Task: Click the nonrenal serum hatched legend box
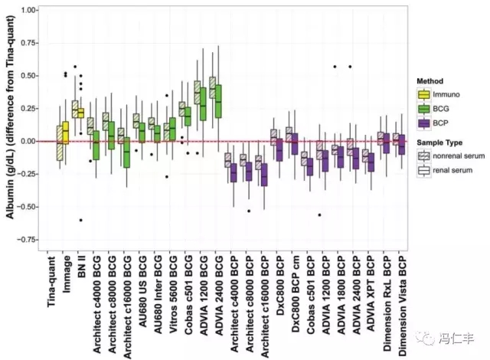point(423,155)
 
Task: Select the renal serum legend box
point(423,170)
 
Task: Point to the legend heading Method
point(430,80)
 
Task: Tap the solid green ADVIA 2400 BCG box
point(218,100)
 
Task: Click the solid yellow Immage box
point(65,134)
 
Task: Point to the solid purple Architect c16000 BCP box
point(263,175)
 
